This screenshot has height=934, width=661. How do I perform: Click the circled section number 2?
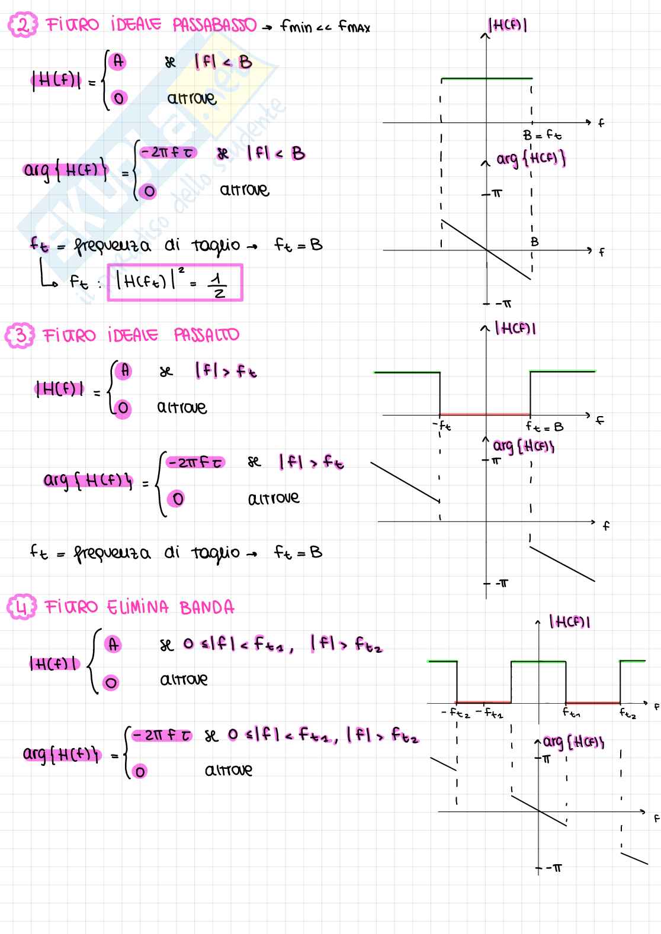pyautogui.click(x=22, y=26)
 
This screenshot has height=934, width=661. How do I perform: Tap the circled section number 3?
pyautogui.click(x=20, y=336)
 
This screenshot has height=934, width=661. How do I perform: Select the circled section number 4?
pyautogui.click(x=22, y=607)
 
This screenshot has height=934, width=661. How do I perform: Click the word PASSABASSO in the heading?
pyautogui.click(x=214, y=25)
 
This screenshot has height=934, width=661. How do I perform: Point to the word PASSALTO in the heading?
pyautogui.click(x=207, y=336)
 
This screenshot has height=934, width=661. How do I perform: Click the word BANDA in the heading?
pyautogui.click(x=207, y=607)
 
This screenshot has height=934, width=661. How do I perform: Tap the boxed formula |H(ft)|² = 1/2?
pyautogui.click(x=175, y=283)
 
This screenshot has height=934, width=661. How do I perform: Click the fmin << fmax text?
pyautogui.click(x=325, y=27)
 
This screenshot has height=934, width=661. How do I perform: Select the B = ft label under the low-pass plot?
pyautogui.click(x=542, y=136)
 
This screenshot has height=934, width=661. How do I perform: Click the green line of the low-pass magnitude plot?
pyautogui.click(x=486, y=78)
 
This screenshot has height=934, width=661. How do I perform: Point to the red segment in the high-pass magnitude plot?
pyautogui.click(x=484, y=414)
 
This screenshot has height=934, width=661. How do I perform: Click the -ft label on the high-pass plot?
pyautogui.click(x=442, y=426)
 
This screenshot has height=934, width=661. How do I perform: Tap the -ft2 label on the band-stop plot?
pyautogui.click(x=455, y=713)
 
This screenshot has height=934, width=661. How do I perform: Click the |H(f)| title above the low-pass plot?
pyautogui.click(x=508, y=25)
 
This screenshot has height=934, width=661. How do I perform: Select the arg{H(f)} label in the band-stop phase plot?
pyautogui.click(x=573, y=742)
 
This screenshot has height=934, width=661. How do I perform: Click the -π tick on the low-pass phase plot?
pyautogui.click(x=503, y=304)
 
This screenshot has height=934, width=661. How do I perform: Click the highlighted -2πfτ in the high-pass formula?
pyautogui.click(x=195, y=462)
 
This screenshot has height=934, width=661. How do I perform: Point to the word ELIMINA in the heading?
pyautogui.click(x=138, y=607)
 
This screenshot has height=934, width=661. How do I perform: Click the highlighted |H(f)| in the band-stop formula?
pyautogui.click(x=54, y=664)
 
